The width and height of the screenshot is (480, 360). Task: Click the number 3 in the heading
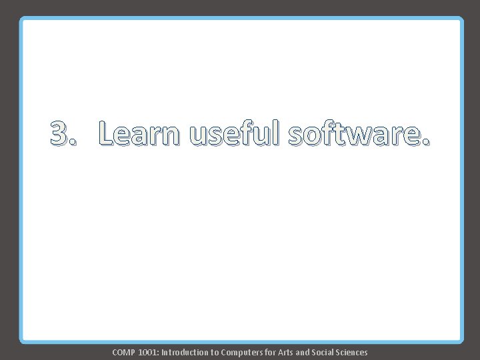pos(59,134)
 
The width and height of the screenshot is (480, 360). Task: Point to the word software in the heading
pos(353,134)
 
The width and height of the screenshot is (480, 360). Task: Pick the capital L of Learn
pos(105,134)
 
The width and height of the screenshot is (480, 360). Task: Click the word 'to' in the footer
pos(217,352)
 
